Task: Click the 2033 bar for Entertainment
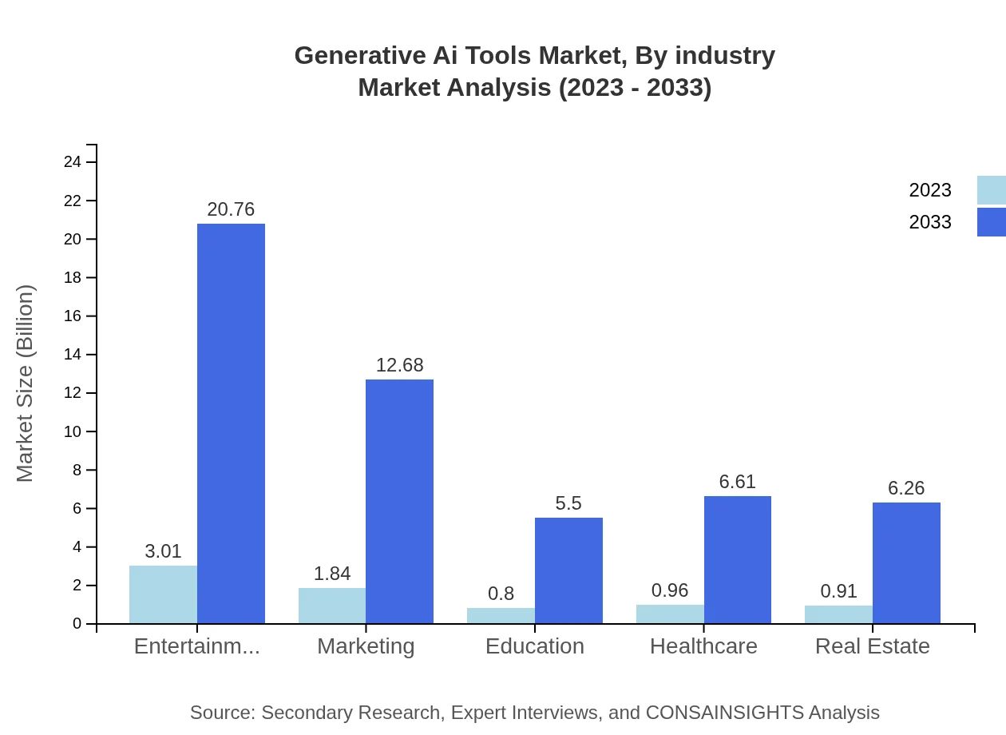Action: pyautogui.click(x=231, y=423)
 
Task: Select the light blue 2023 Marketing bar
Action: pyautogui.click(x=332, y=606)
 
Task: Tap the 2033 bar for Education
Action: pyautogui.click(x=568, y=570)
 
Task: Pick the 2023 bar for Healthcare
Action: pyautogui.click(x=670, y=614)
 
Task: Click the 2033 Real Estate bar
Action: pyautogui.click(x=906, y=563)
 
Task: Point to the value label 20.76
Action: pyautogui.click(x=231, y=209)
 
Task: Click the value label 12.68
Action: pyautogui.click(x=399, y=365)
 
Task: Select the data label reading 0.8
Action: pyautogui.click(x=501, y=594)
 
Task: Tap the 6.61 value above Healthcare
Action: pyautogui.click(x=737, y=482)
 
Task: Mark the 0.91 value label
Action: pyautogui.click(x=838, y=591)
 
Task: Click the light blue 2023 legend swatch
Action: pyautogui.click(x=991, y=190)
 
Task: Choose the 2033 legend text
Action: pyautogui.click(x=930, y=222)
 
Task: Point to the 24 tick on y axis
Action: pyautogui.click(x=73, y=162)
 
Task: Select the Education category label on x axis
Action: pyautogui.click(x=535, y=646)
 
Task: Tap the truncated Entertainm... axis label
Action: pyautogui.click(x=196, y=646)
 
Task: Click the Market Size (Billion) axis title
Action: pyautogui.click(x=26, y=383)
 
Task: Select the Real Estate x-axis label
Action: pyautogui.click(x=872, y=646)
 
